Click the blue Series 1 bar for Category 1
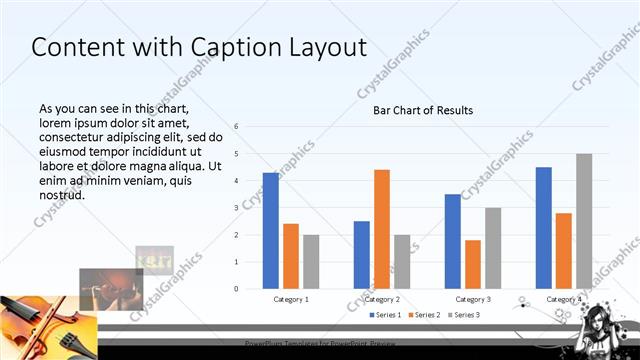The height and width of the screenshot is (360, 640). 271,230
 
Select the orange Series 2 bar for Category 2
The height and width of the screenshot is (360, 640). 382,229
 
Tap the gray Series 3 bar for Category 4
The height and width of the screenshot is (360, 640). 584,221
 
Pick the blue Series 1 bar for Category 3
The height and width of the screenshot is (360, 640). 453,241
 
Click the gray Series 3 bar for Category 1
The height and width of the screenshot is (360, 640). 311,261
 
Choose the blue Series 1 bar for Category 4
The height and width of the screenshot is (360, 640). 544,227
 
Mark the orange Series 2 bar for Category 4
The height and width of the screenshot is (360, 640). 564,250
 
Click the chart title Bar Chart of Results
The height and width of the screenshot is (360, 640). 423,110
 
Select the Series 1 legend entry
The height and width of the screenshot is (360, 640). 386,315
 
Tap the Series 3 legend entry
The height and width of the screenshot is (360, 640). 463,315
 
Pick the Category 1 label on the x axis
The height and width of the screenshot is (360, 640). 291,299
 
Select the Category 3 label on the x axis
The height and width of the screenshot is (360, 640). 473,299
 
